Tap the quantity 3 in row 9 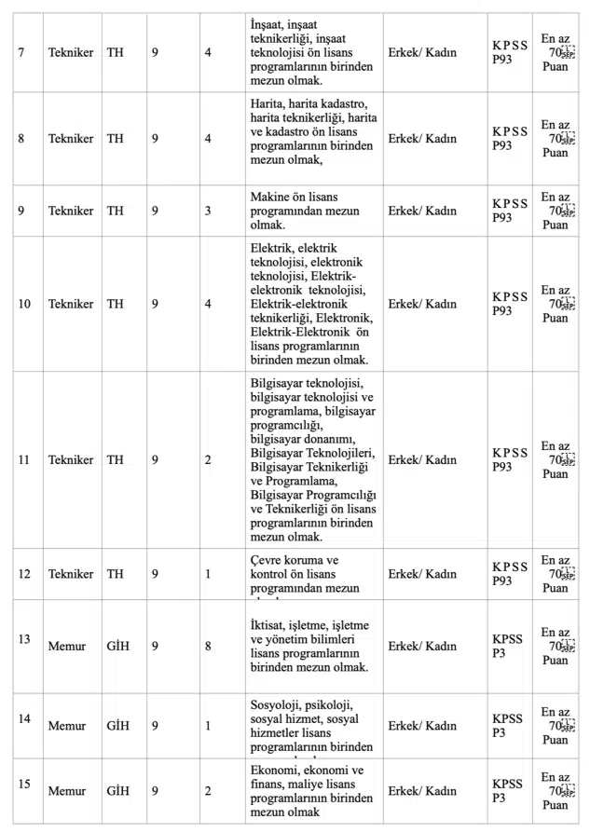(208, 211)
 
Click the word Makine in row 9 (271, 197)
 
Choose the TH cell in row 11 (116, 459)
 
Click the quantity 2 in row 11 (208, 459)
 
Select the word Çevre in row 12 (268, 559)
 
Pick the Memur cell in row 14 (66, 723)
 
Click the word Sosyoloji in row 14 (278, 704)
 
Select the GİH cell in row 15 (118, 791)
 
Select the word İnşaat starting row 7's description (268, 21)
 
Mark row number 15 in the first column (25, 783)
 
